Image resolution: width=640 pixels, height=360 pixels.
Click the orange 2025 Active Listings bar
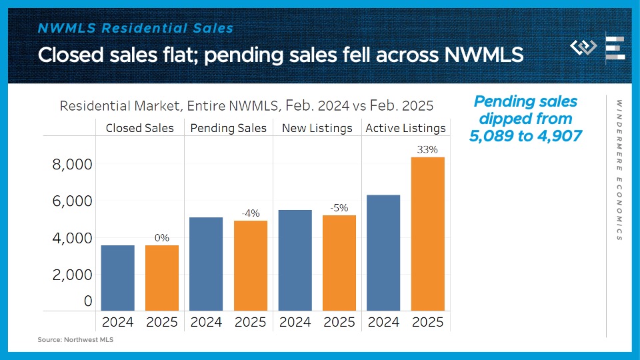(427, 233)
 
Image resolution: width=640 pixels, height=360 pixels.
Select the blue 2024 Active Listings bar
(383, 253)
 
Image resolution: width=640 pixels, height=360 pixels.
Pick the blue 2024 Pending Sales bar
(206, 264)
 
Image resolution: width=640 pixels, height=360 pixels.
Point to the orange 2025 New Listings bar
(339, 263)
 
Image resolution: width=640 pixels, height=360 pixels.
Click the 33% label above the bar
(427, 150)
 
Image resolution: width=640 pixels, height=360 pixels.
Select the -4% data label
(250, 213)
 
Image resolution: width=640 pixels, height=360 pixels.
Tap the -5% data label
(339, 208)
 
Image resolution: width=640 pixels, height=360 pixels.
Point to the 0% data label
(161, 238)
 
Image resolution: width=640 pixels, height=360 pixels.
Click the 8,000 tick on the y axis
(73, 165)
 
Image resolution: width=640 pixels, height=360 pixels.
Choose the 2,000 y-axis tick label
(73, 275)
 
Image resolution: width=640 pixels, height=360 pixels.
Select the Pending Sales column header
(229, 128)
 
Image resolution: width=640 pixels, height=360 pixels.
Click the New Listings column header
(317, 128)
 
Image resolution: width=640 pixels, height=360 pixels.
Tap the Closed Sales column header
(140, 128)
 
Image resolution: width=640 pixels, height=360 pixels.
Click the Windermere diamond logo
(583, 48)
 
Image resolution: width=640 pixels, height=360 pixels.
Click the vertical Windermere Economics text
(619, 171)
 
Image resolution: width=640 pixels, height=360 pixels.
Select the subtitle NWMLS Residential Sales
(135, 28)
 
